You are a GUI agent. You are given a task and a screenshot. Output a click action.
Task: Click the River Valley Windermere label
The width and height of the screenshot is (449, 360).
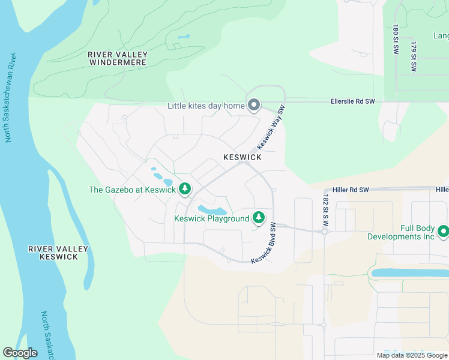pos(118,58)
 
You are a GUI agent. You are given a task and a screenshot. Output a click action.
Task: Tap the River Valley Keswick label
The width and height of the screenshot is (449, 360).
pos(58,253)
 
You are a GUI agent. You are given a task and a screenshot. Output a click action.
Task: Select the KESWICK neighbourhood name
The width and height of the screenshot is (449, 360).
pos(242,157)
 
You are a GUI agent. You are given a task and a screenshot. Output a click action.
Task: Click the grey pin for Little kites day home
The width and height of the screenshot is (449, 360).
pos(254,106)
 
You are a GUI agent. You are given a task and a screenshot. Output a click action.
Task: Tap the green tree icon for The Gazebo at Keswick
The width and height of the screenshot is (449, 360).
pos(185,189)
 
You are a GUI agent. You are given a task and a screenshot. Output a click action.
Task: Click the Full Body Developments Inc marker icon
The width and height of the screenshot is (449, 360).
pos(444,231)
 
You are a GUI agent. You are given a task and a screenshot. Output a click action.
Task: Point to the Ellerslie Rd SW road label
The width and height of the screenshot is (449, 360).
pos(352,102)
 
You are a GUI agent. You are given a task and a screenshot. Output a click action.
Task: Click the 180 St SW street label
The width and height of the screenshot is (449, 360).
pos(396,37)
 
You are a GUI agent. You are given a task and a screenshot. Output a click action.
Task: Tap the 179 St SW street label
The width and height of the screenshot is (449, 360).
pos(414,56)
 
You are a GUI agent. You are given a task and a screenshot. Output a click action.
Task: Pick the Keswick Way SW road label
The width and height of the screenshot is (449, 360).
pos(270,128)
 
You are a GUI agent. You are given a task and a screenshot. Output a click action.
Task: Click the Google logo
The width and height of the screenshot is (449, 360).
pos(20,353)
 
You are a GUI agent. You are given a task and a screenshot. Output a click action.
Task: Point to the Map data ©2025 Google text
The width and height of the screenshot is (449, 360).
pos(411,355)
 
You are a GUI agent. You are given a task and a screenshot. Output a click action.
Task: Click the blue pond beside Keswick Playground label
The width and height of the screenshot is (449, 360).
pos(212,210)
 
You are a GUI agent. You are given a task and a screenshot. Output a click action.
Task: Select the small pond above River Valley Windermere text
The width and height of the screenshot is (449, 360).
pos(183,37)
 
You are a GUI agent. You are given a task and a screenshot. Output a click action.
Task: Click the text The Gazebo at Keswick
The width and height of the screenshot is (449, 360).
pos(132,190)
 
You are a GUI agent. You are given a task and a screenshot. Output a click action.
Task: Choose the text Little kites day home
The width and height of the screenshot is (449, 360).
pos(206,106)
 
